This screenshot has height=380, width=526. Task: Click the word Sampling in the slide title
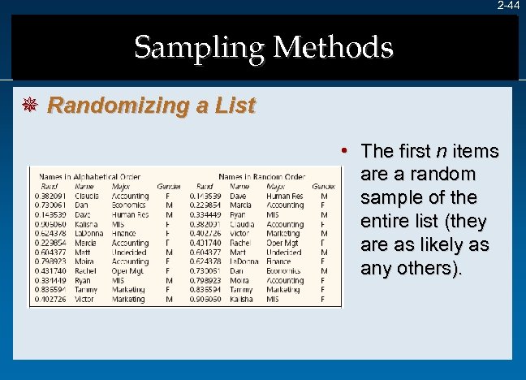(x=199, y=47)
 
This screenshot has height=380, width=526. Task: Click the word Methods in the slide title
(x=333, y=47)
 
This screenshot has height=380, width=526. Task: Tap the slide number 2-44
(x=509, y=5)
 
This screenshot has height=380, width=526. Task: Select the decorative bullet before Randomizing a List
(x=33, y=106)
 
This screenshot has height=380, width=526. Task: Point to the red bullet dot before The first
(x=345, y=151)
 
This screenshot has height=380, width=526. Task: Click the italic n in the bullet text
(x=441, y=151)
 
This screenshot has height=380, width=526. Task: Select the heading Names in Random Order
(x=261, y=177)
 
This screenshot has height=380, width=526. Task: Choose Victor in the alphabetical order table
(x=84, y=299)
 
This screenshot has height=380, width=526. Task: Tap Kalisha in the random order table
(x=241, y=299)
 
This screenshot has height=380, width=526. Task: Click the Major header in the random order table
(x=274, y=186)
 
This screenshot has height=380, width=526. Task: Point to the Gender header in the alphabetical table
(x=169, y=186)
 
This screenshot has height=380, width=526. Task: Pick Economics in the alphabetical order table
(x=130, y=205)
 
